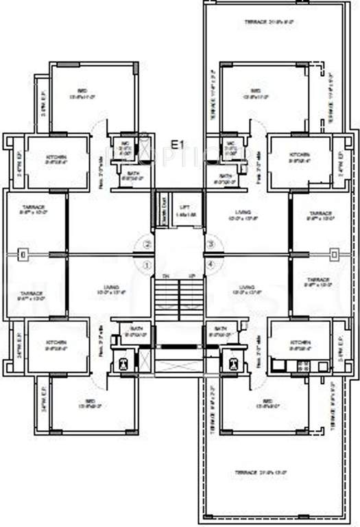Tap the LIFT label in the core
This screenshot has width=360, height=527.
(x=183, y=207)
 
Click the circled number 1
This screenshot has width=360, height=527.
(x=145, y=265)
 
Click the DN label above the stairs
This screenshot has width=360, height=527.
(x=165, y=275)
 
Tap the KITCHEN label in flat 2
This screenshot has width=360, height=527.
(x=56, y=159)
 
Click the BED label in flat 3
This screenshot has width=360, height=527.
(x=256, y=91)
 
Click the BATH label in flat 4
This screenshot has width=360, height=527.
(x=221, y=329)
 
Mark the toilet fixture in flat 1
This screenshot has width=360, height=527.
(x=123, y=362)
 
